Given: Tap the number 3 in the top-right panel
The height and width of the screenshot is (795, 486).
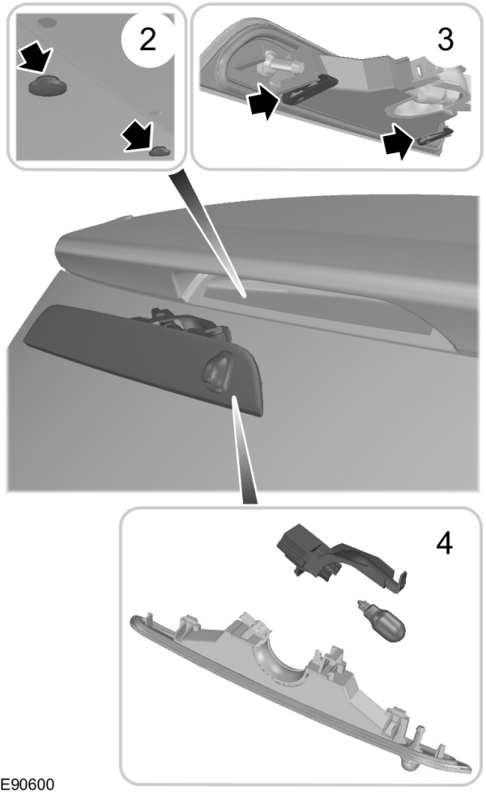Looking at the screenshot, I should pos(445,40).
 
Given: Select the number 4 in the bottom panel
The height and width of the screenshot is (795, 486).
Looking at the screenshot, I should pos(444,543).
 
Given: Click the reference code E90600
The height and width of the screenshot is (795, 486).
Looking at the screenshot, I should pos(32,785).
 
